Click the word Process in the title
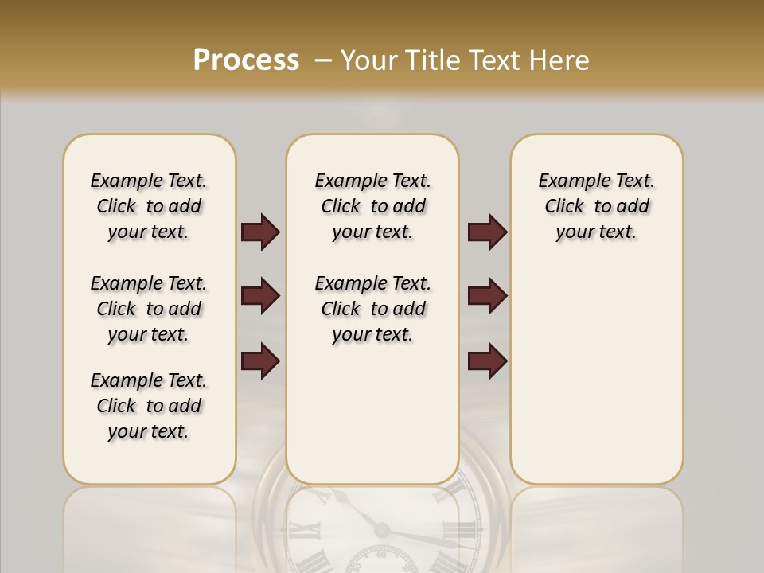coord(246,60)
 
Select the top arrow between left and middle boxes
coord(260,232)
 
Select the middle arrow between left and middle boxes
coord(260,296)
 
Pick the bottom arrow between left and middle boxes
coord(260,361)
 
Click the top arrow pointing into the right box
coord(487,232)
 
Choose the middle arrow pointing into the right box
coord(487,296)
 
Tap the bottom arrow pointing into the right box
coord(487,361)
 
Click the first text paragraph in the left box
coord(149,206)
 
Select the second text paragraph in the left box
coord(149,309)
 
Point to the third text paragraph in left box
coord(149,406)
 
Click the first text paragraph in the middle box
coord(372,206)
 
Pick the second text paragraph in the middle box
coord(372,309)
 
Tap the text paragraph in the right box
coord(596,206)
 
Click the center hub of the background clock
coord(382,531)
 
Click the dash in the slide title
coord(324,60)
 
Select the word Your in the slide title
coord(370,60)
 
